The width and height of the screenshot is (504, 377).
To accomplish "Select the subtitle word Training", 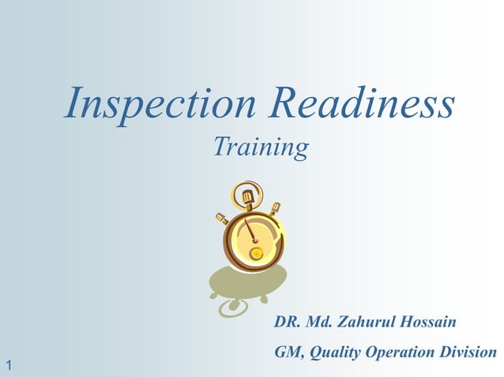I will coord(261,147).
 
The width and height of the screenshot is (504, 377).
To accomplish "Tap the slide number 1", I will coord(8,364).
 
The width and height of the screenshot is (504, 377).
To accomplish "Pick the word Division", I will coord(472,352).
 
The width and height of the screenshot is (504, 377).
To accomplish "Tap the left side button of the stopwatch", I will coord(222,218).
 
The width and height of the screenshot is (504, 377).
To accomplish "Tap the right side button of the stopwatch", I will coord(274,211).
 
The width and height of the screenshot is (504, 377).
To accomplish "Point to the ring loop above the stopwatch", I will coord(243,192).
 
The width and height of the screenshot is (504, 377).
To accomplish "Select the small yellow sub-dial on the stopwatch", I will coord(257,253).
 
